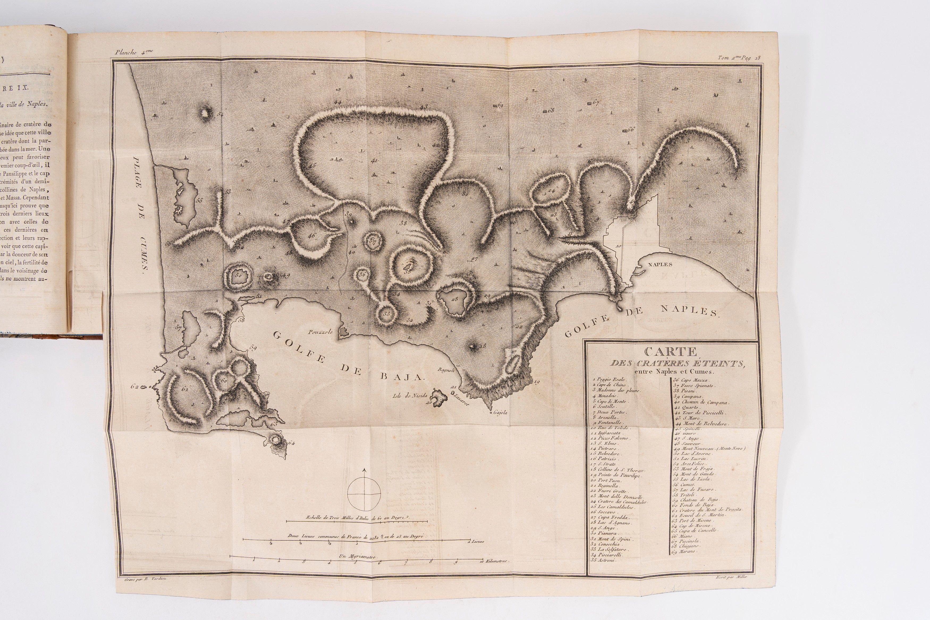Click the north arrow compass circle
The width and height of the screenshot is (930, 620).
[x=364, y=494]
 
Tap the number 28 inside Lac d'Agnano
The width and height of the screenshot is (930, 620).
[x=455, y=299]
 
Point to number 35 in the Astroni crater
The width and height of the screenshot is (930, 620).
[x=407, y=271]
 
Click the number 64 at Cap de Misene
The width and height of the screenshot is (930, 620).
[x=291, y=443]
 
